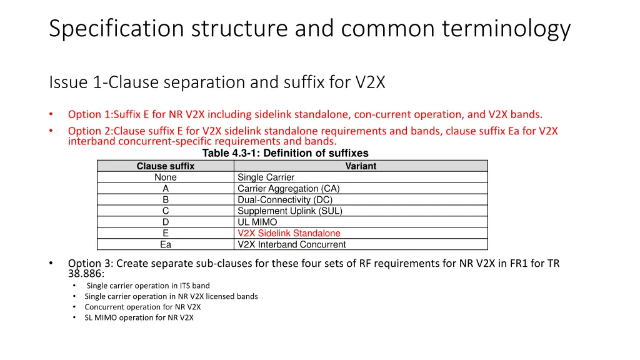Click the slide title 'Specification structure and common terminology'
tap(309, 29)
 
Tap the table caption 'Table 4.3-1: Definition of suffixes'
tap(285, 153)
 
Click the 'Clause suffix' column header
tap(166, 166)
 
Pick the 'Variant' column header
tap(361, 166)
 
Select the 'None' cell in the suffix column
tap(166, 177)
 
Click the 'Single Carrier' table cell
tap(266, 177)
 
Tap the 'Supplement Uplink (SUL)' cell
tap(289, 211)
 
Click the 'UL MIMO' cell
tap(257, 222)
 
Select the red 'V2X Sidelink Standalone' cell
tap(289, 234)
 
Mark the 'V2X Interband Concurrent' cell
tap(291, 245)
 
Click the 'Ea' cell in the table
tap(166, 245)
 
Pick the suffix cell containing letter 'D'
tap(166, 222)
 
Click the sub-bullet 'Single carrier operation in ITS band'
tap(148, 286)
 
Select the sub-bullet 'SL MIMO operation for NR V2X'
tap(139, 317)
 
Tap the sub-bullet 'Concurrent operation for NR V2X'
tap(142, 307)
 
